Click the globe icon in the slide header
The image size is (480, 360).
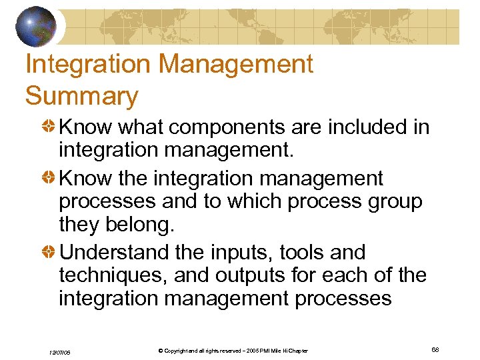tap(37, 26)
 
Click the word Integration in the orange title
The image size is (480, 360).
tap(85, 65)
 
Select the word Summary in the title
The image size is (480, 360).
tap(81, 97)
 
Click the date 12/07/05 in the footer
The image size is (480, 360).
tap(61, 351)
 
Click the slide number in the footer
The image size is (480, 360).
tap(435, 350)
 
